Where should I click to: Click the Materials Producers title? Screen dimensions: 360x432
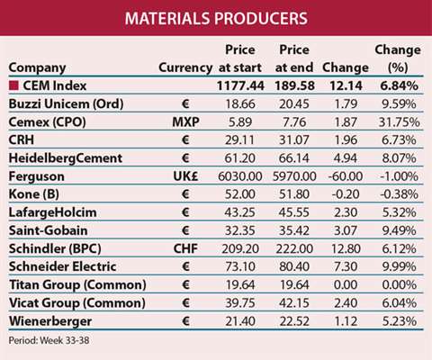(x=216, y=18)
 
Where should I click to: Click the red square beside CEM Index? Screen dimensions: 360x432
(x=14, y=86)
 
